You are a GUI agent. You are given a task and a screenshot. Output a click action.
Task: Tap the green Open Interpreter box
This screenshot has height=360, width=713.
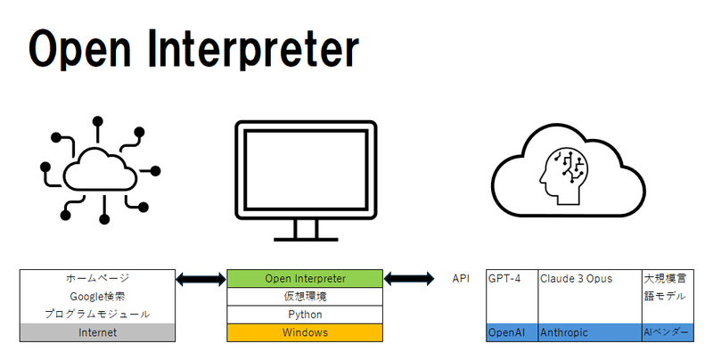pos(305,279)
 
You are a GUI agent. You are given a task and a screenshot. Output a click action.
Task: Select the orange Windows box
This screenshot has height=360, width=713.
pos(305,332)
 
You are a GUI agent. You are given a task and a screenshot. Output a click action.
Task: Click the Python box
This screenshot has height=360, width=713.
pos(305,315)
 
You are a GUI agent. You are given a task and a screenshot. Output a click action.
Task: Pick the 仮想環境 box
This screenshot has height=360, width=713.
pos(305,297)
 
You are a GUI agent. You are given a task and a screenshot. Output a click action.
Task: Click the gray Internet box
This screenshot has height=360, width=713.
pos(97,332)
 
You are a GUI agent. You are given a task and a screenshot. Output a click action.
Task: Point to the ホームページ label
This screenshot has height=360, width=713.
pos(97,278)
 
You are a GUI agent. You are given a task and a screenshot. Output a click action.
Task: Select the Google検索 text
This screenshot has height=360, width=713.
pos(97,296)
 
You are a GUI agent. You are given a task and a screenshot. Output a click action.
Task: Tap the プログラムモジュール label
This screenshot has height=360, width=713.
pos(97,314)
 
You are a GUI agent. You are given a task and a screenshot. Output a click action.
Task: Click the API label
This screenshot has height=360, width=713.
pos(461,279)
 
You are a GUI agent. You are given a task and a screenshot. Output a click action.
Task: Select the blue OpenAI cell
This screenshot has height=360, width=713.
pos(511,332)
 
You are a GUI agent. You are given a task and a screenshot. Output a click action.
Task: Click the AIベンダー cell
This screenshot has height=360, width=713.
pos(666,332)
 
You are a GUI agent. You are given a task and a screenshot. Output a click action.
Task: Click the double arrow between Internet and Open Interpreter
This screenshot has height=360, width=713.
pos(201,280)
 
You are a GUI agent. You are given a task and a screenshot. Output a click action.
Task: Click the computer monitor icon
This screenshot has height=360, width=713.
pos(305,178)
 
